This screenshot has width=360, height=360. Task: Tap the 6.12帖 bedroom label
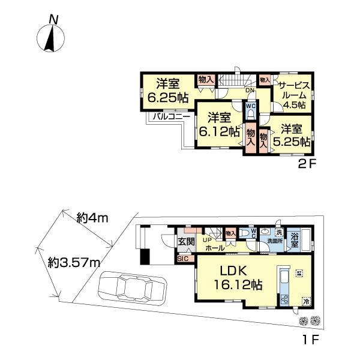point(218,124)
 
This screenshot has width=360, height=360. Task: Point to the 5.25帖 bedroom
point(292,135)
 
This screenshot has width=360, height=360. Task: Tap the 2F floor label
point(306,161)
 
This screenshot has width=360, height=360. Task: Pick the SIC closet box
point(183,258)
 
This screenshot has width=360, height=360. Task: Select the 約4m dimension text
point(91,218)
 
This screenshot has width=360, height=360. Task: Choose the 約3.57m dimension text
point(73,261)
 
